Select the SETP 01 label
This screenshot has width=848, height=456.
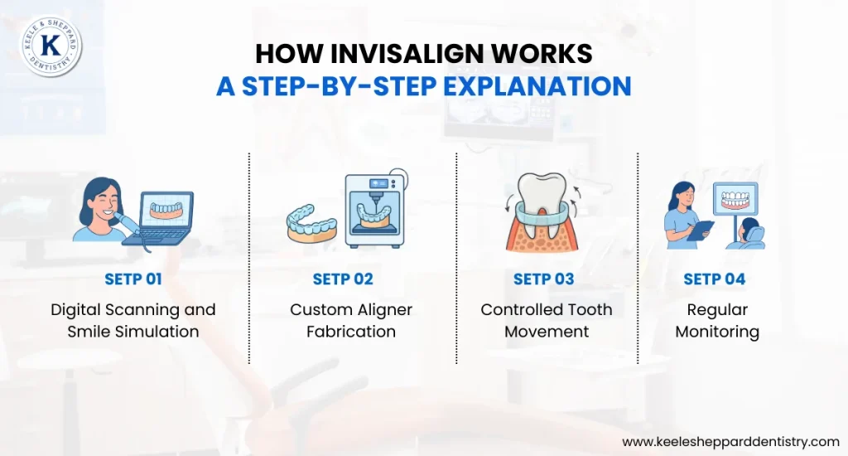(133, 279)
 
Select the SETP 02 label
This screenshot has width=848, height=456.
(343, 279)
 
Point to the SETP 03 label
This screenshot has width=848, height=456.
(544, 279)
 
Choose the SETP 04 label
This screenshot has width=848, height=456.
(715, 279)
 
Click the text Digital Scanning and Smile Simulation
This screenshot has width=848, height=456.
(133, 320)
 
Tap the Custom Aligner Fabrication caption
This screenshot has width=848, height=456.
(351, 320)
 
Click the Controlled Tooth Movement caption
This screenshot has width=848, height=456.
(547, 320)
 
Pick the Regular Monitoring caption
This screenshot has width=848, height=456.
(717, 320)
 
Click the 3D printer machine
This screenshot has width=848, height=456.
(377, 211)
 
